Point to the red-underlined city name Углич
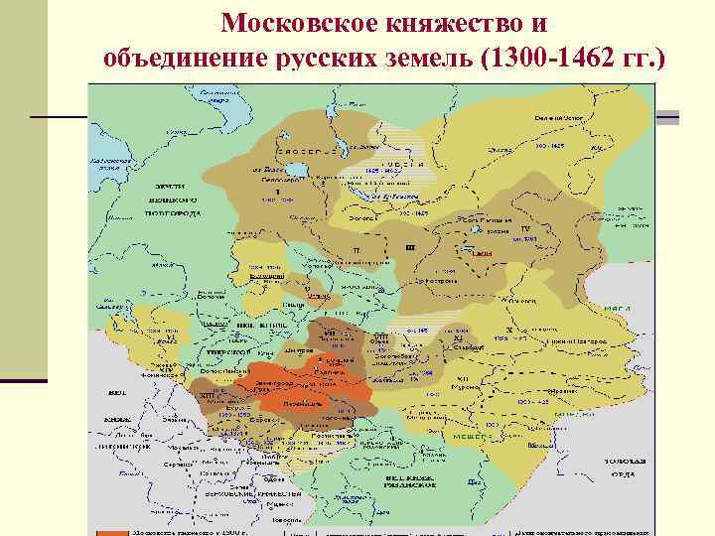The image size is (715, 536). pos(318,295)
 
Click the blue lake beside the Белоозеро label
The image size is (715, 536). pos(294,184)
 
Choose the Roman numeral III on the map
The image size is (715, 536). pos(410,245)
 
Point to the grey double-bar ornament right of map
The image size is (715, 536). pos(667,118)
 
